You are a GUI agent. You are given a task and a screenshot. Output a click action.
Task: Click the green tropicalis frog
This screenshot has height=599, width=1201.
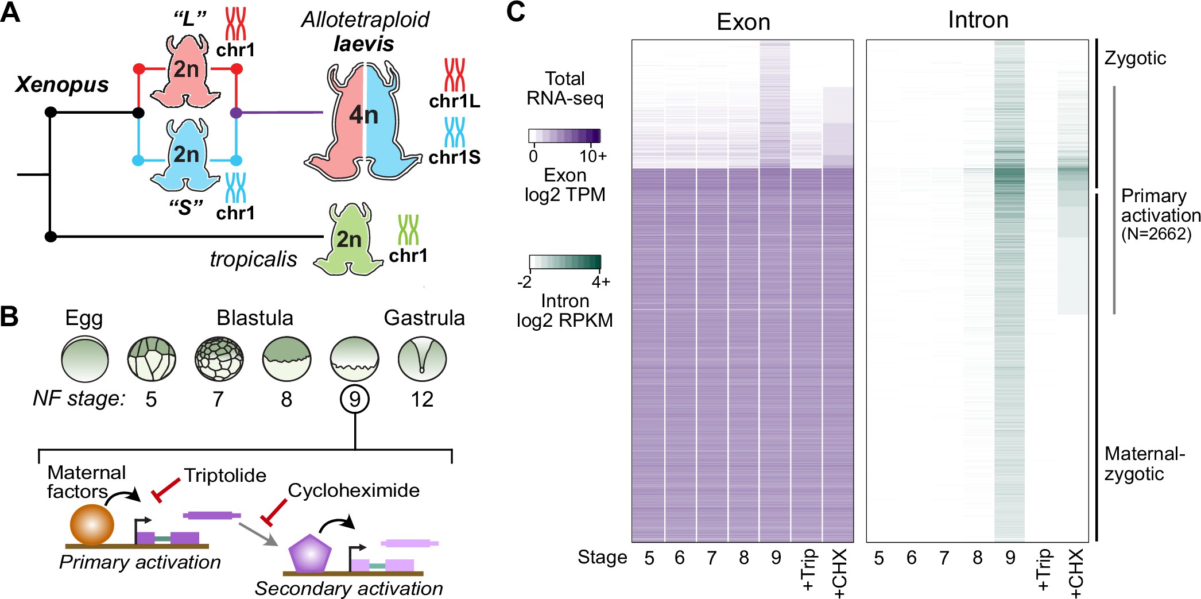(348, 241)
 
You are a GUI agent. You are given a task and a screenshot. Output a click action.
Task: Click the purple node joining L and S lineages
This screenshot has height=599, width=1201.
(235, 113)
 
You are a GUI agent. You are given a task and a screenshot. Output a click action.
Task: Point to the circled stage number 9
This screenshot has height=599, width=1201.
(355, 399)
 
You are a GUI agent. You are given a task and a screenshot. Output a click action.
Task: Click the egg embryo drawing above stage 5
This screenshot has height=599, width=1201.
(85, 360)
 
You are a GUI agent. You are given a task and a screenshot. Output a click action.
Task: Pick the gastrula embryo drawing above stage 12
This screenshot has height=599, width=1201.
(422, 360)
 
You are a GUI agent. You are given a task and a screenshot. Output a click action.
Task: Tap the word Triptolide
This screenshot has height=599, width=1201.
(225, 476)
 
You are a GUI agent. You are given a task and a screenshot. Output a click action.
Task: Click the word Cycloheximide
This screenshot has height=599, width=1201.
(354, 490)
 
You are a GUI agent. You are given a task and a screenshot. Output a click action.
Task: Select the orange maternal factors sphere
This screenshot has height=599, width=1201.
(92, 524)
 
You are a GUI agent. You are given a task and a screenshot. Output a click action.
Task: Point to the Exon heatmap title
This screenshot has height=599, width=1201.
(743, 22)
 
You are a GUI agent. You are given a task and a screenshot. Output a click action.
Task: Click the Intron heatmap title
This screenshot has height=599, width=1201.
(978, 20)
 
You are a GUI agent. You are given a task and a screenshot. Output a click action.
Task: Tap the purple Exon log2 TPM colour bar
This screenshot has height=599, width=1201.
(564, 136)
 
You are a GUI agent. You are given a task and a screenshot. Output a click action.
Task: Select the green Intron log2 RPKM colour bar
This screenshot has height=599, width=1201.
(564, 262)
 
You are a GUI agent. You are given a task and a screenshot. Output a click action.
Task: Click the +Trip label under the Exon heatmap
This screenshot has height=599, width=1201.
(808, 570)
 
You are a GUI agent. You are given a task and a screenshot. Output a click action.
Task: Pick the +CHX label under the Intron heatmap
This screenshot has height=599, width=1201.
(1076, 573)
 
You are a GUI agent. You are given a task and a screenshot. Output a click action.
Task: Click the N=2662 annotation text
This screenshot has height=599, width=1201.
(1156, 234)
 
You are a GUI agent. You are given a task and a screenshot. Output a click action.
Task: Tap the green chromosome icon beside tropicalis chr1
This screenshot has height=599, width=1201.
(408, 230)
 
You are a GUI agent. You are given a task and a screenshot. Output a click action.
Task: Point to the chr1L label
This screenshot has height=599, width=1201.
(454, 101)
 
